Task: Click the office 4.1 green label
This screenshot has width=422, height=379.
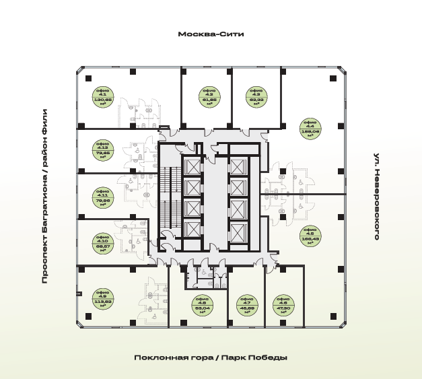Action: (104, 98)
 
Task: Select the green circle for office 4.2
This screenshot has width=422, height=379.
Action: (208, 97)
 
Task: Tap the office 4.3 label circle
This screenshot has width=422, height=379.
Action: (254, 97)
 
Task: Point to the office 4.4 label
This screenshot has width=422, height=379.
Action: (310, 128)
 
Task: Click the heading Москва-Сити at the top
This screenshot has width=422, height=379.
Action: (211, 34)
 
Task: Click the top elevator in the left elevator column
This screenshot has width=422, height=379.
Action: (192, 167)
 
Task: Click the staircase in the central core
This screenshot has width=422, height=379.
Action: (169, 195)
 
